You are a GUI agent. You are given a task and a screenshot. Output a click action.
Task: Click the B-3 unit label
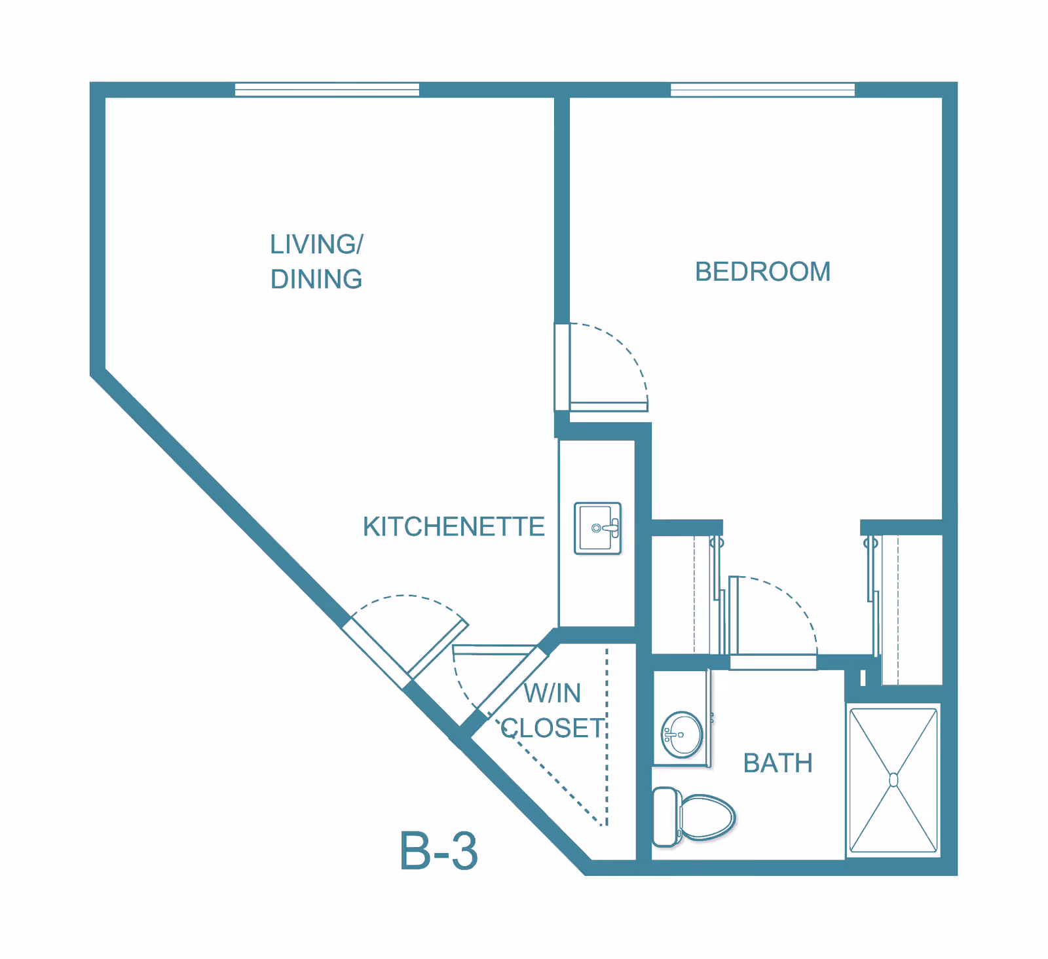[438, 852]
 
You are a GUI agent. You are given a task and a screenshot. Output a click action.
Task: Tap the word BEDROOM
[762, 272]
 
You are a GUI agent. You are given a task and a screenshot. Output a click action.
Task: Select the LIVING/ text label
[316, 244]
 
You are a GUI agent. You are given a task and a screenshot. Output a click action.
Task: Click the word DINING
[316, 280]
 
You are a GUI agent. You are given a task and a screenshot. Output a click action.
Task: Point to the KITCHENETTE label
[453, 527]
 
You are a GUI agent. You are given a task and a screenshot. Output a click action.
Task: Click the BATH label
[777, 763]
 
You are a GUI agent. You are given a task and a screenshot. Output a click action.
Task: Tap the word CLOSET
[553, 729]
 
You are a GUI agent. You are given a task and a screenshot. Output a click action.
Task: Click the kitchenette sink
[597, 528]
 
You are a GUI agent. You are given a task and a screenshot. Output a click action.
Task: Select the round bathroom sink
[682, 734]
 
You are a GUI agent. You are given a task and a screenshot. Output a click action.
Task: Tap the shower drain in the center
[893, 780]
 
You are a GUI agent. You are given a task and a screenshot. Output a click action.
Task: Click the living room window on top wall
[327, 90]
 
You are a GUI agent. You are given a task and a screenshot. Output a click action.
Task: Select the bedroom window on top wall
[762, 90]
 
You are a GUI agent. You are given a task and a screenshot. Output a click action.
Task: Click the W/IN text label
[552, 693]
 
